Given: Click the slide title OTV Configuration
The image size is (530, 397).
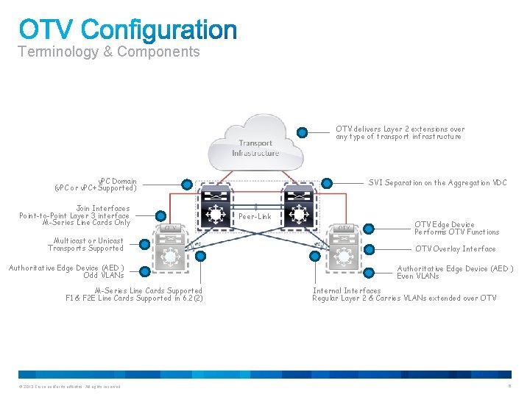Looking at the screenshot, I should [x=128, y=30].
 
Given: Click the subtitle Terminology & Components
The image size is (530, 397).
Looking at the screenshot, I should [x=108, y=51].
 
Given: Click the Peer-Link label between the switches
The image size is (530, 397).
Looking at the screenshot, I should [x=255, y=217].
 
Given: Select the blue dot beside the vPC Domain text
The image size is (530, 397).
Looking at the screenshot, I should [x=187, y=185].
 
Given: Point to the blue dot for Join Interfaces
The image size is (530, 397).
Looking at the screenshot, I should [x=160, y=215].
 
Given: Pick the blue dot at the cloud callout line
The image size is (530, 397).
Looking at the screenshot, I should [x=302, y=132].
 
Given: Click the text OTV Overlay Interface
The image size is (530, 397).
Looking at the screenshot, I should [x=455, y=248].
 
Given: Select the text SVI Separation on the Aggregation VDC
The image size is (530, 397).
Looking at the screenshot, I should [x=437, y=182].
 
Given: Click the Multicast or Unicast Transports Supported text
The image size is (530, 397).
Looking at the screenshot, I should [x=86, y=244].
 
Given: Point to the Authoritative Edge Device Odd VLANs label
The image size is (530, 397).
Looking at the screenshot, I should [x=66, y=271].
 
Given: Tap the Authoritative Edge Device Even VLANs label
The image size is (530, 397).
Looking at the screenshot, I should [x=454, y=272].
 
